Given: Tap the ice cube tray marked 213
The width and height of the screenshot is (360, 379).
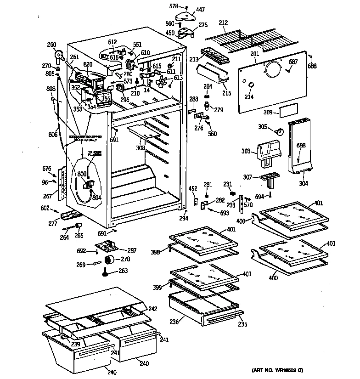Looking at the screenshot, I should coord(216,57).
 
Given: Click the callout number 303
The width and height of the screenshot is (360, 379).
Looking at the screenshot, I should coord(247,151).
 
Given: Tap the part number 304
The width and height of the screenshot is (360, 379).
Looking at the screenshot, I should coord(303,183).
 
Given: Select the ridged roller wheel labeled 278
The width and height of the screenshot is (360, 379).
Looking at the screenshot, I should coord(109,260).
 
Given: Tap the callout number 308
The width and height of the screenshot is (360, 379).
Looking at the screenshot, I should coord(140,148).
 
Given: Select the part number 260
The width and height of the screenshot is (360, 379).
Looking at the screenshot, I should coord(51,45).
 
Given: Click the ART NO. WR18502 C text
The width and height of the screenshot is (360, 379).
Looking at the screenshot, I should coord(277,370).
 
